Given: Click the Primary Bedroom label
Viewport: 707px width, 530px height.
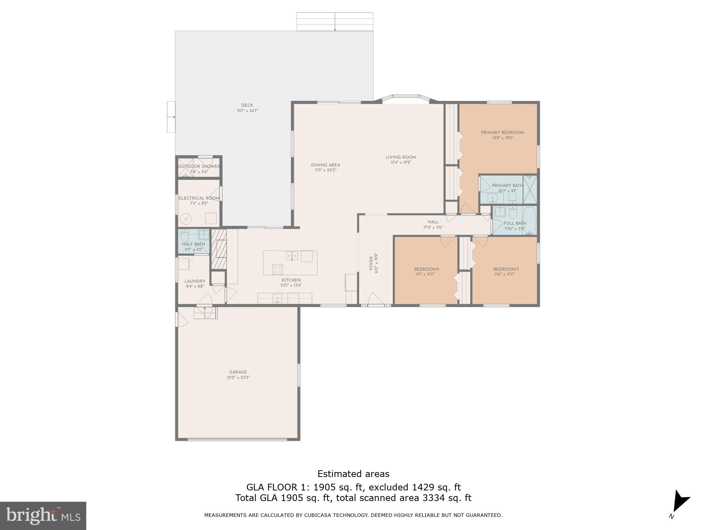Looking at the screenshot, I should [x=502, y=132].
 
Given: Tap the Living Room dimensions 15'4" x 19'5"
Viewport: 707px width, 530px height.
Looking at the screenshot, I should [x=401, y=163].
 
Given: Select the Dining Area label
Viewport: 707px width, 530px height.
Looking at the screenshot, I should [x=325, y=165].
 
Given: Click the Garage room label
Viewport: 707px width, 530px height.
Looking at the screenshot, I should [x=238, y=372].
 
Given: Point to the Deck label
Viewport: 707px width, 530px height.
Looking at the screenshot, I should [x=247, y=105].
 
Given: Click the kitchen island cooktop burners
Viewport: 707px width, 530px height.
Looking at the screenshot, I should [x=277, y=269].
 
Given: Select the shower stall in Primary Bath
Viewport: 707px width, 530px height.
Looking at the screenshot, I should [x=530, y=189].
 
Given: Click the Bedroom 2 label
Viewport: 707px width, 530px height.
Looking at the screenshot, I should [x=427, y=269].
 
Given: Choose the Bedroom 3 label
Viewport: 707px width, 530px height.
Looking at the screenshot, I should [x=506, y=269].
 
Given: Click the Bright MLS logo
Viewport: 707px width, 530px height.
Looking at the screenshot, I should [x=43, y=516].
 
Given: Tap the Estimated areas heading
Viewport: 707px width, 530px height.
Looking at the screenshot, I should [x=353, y=474].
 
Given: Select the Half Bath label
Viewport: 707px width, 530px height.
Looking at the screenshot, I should [x=193, y=244].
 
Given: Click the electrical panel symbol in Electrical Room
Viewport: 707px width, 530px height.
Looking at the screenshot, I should [x=186, y=219].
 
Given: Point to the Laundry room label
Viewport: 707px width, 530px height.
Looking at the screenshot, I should [x=195, y=281].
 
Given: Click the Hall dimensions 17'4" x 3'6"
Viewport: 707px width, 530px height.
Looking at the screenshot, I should [x=433, y=228].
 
